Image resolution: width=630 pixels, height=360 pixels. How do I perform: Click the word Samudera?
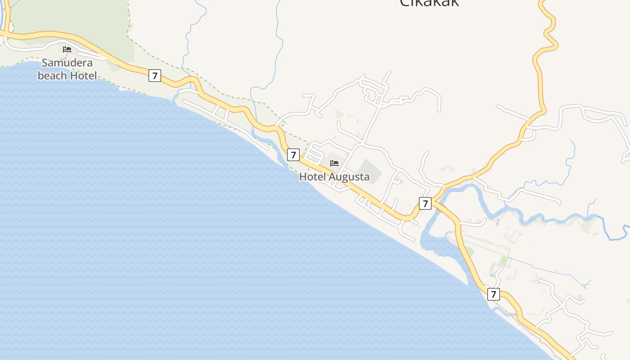(x=67, y=63)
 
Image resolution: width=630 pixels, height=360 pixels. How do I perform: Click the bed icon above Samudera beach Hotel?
(x=67, y=49)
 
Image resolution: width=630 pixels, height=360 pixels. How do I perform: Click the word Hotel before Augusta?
(x=312, y=177)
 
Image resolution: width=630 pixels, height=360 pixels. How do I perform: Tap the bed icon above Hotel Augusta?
(x=334, y=163)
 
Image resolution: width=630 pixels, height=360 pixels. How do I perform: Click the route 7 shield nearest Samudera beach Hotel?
(x=155, y=76)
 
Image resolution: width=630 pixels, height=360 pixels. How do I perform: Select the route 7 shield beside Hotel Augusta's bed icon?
(x=293, y=155)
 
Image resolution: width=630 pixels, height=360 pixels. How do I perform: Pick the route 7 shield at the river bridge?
(x=425, y=203)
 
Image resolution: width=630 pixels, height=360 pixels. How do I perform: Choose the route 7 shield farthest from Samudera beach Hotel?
(x=494, y=295)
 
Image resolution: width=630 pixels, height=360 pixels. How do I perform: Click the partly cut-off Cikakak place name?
(x=430, y=3)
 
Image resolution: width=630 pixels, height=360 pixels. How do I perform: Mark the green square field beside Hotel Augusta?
(x=370, y=171)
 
